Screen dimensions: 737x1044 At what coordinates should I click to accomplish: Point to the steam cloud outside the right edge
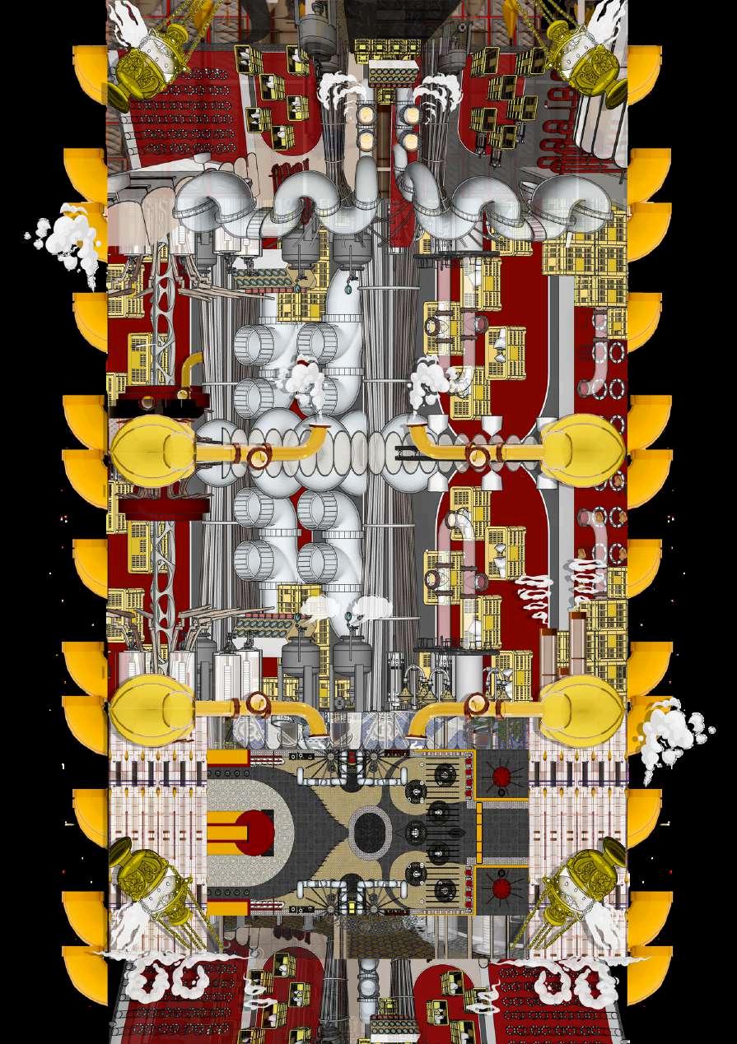pos(674,731)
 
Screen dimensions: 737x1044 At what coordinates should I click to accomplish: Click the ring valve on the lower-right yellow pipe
pos(476,703)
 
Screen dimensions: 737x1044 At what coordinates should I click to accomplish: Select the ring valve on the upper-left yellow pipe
pos(258,454)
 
